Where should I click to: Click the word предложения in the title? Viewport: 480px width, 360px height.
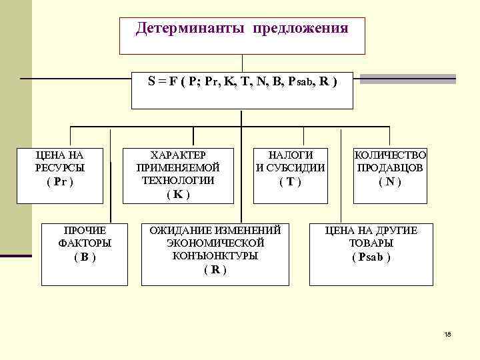[300, 29]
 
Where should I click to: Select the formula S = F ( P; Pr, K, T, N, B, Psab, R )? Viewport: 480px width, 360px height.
[243, 82]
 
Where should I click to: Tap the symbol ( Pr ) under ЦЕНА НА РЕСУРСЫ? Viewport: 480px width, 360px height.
[60, 181]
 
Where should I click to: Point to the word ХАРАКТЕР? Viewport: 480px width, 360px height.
[178, 154]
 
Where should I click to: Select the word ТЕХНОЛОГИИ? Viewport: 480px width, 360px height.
[178, 180]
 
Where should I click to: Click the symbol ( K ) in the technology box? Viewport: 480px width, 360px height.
[178, 195]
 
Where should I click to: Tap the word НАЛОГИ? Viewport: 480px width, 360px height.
[291, 154]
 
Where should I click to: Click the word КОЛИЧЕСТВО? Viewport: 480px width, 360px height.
[390, 154]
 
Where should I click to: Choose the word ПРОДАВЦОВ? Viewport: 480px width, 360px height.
[390, 167]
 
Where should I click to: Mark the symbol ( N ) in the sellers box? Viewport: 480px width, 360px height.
[390, 181]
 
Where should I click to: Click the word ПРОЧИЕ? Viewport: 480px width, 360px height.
[85, 230]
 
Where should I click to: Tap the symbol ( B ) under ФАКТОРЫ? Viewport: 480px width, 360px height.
[85, 257]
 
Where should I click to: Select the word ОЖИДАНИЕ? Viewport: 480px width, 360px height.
[179, 230]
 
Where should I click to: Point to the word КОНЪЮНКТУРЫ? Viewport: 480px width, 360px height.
[215, 255]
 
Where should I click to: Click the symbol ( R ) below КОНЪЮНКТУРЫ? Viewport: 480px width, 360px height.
[215, 269]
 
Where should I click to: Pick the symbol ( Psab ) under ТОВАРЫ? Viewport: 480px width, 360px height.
[371, 257]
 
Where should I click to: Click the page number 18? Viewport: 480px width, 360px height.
[447, 334]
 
